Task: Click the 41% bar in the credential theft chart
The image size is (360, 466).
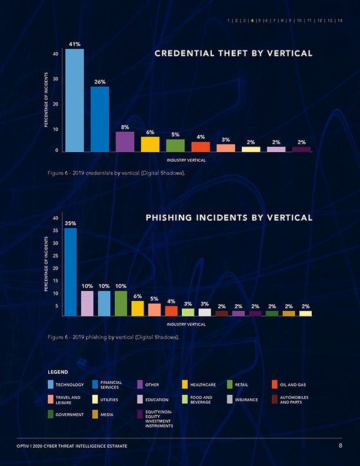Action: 74,100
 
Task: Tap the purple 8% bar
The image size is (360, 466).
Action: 125,142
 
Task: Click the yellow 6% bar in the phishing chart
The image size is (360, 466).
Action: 138,308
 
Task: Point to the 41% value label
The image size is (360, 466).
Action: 75,44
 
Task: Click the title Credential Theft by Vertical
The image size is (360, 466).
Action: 233,54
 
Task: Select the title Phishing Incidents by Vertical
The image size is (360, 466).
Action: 229,218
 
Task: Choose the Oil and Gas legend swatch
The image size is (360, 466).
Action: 274,385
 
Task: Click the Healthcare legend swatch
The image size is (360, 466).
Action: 185,385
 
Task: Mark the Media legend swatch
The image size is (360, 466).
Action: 96,414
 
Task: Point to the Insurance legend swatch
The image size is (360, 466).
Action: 230,400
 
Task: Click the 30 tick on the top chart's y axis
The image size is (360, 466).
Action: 56,79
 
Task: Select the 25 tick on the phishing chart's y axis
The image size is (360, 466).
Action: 56,255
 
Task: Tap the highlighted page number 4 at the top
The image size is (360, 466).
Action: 252,21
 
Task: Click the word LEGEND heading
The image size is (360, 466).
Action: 58,372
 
